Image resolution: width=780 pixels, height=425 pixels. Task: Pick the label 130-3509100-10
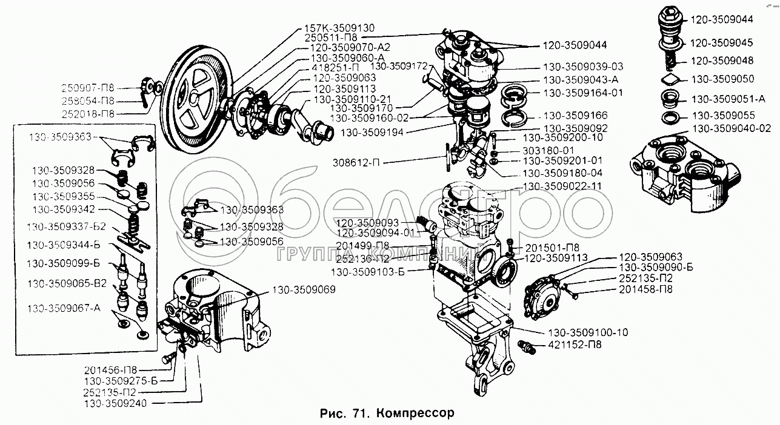pos(588,333)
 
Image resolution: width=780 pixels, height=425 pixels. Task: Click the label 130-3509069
pos(304,289)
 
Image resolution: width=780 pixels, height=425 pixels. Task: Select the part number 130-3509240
pos(115,403)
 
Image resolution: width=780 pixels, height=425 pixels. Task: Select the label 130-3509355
pos(62,197)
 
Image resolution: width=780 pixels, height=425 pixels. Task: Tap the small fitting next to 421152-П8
pos(527,347)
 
